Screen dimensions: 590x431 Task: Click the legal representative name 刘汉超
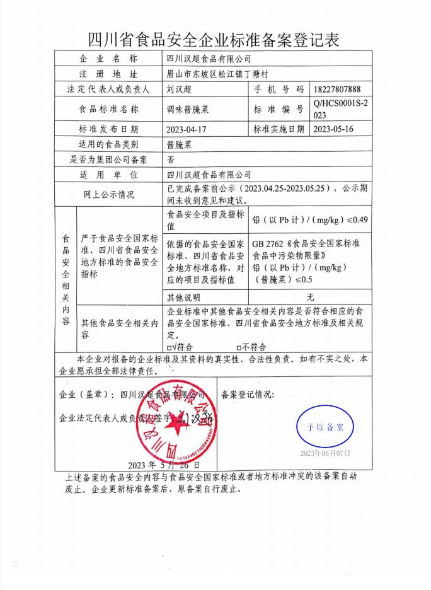tap(179, 90)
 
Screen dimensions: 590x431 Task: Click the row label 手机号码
tap(279, 90)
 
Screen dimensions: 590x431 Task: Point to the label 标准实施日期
tap(279, 129)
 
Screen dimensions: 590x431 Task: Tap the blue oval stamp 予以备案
tap(326, 427)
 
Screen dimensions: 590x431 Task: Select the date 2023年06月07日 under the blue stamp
tap(325, 453)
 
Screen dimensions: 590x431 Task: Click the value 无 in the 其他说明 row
tap(310, 297)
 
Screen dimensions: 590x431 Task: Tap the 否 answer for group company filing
tap(171, 160)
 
